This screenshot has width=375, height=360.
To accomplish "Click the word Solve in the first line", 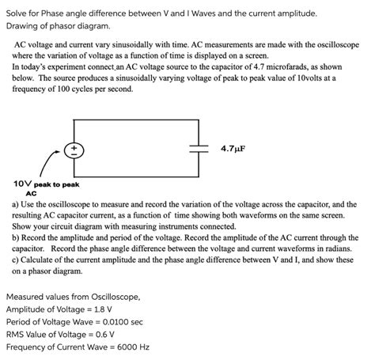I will click(18, 13).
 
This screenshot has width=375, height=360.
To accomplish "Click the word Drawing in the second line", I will click(25, 26).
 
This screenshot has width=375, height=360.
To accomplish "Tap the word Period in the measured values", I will click(21, 322).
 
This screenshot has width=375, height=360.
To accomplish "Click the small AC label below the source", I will click(32, 192).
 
